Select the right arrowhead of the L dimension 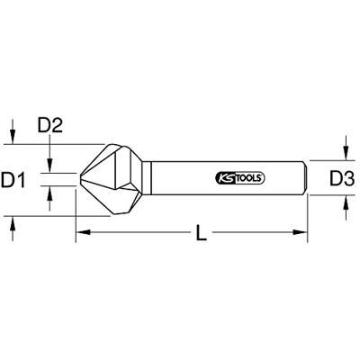[303, 233]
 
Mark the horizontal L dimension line [144, 233]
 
